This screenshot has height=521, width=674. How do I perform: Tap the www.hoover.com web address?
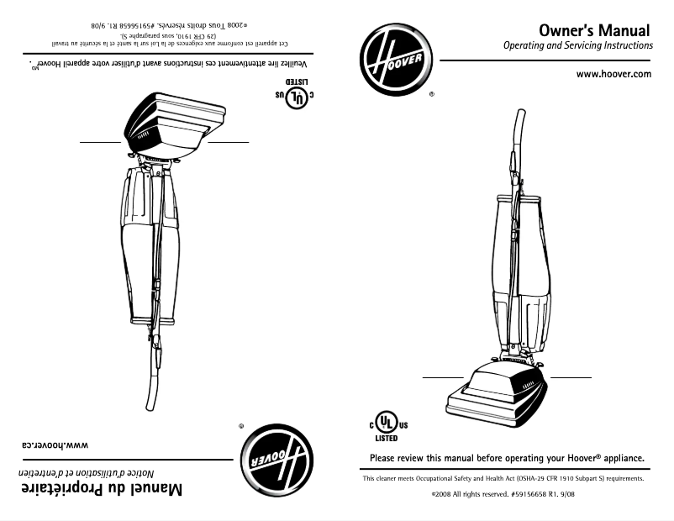click(613, 74)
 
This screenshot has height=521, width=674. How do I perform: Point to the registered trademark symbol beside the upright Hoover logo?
click(431, 95)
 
